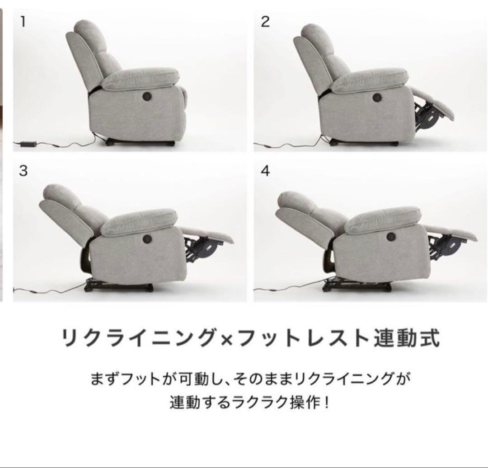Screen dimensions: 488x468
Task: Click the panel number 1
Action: coord(23,22)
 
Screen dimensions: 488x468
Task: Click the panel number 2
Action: coord(265,22)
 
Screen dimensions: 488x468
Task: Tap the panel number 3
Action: coord(23,170)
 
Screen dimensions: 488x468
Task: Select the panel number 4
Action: coord(265,170)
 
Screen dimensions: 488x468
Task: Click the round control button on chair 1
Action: coord(147,96)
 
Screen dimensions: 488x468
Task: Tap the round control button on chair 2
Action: coord(377,97)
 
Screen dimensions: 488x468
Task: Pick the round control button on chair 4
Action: coord(391,237)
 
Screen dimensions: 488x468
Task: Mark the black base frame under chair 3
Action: coord(119,285)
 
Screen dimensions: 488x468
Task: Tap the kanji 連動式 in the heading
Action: coord(407,338)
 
